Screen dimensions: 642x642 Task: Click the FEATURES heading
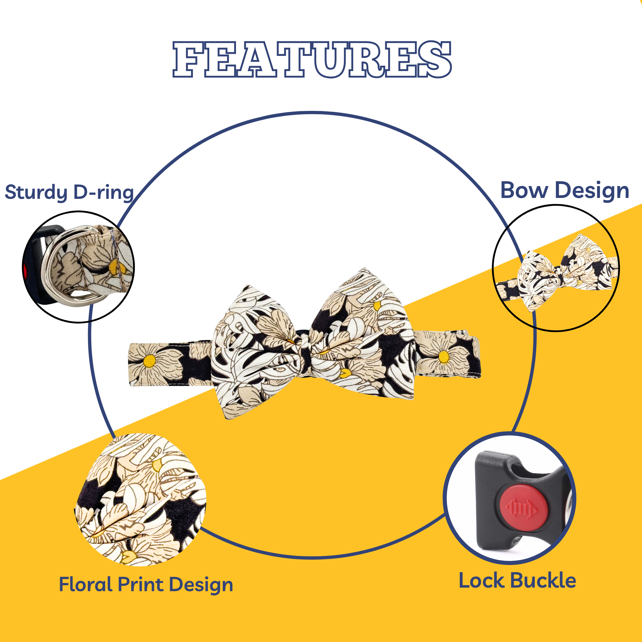point(312,59)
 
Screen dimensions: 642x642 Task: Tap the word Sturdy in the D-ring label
point(36,192)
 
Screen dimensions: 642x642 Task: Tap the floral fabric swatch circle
point(140,499)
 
